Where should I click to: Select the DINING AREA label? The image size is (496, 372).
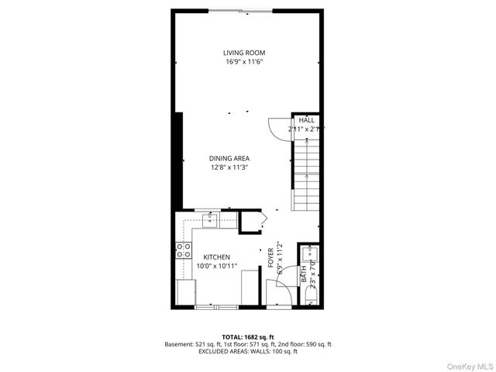coord(229,158)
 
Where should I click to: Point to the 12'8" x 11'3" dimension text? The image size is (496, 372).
coord(229,167)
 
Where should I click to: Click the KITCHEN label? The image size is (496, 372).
coord(216,257)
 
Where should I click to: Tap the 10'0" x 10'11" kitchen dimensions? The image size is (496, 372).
coord(216,265)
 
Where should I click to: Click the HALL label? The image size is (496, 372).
coord(307,120)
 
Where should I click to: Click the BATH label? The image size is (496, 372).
coord(304,274)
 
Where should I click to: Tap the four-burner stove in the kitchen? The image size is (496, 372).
coord(184,250)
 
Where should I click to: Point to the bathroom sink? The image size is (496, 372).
coord(312,253)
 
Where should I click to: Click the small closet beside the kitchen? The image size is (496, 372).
coord(250,222)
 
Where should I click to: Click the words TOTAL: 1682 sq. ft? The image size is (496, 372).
coord(248,337)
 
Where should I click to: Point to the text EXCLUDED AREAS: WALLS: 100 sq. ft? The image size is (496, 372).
coord(248,351)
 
